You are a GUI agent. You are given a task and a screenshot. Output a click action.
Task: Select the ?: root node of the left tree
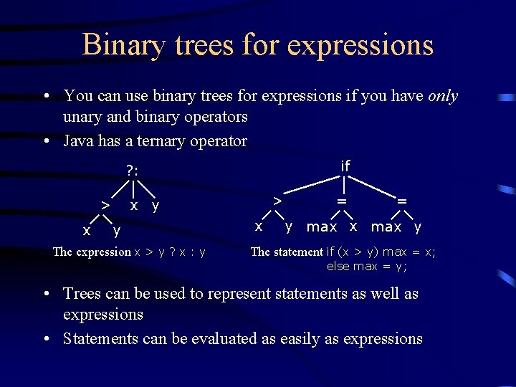(x=133, y=171)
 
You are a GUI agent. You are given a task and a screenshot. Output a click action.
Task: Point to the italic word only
(x=443, y=96)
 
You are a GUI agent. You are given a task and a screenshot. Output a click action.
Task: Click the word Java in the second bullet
(x=78, y=141)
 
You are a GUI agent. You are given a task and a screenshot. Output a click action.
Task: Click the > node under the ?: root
(x=105, y=206)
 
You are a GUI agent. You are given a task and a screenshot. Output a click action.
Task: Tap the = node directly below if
(x=343, y=201)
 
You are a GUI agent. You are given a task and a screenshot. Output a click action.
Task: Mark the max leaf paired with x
(x=322, y=227)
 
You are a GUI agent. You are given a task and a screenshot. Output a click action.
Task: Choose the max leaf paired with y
(x=386, y=227)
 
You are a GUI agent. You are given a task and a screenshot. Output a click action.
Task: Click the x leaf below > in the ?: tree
(x=86, y=230)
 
